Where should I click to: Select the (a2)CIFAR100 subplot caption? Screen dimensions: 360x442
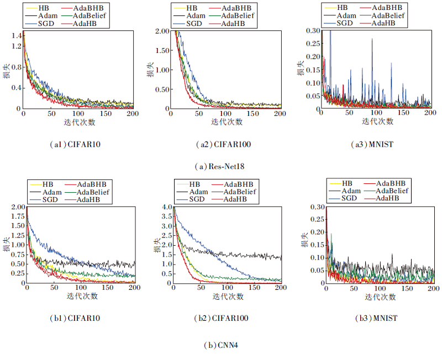pos(222,145)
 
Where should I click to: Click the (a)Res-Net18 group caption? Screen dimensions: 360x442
pos(222,167)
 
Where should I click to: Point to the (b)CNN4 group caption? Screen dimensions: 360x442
pos(222,345)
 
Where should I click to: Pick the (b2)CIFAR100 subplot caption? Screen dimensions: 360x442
pos(222,319)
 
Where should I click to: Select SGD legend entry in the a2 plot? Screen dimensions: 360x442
pos(194,24)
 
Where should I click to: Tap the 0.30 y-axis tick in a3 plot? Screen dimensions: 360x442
pos(313,31)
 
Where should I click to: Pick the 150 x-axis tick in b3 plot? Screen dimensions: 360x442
pos(407,289)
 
